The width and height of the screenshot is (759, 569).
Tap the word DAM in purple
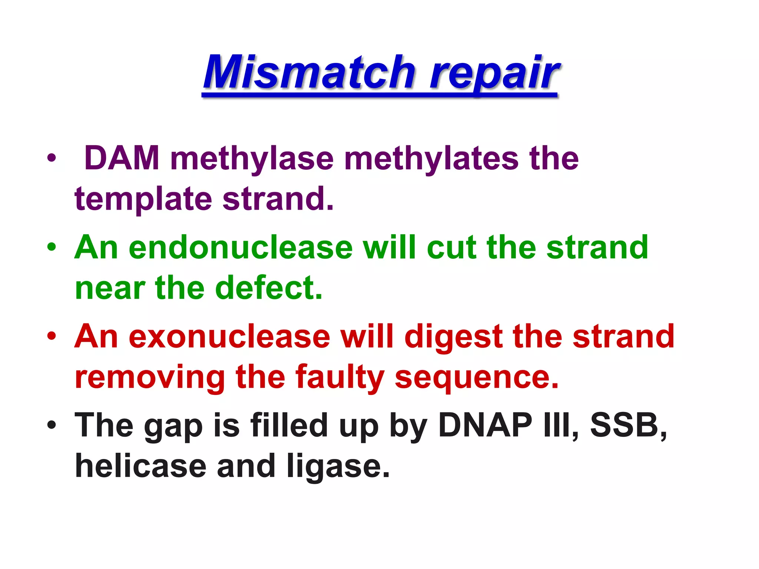(x=122, y=159)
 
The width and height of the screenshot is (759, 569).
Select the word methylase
(x=252, y=159)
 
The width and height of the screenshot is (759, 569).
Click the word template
(x=143, y=199)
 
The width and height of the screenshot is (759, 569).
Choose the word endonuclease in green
(x=241, y=247)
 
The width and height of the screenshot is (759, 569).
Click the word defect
(x=269, y=288)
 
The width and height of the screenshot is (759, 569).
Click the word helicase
(x=140, y=466)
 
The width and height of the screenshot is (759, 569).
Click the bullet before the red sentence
(x=52, y=336)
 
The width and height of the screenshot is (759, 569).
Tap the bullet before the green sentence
(x=52, y=247)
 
